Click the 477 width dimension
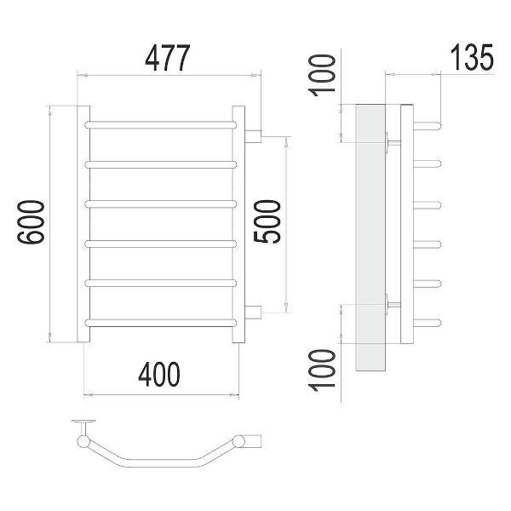click(167, 58)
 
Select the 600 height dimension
click(31, 222)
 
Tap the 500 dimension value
click(267, 221)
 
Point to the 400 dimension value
click(159, 374)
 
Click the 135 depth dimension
click(472, 58)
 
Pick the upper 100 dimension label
click(322, 76)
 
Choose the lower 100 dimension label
click(322, 370)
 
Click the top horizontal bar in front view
click(160, 125)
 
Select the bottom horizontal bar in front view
click(160, 323)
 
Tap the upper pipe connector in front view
click(253, 136)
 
